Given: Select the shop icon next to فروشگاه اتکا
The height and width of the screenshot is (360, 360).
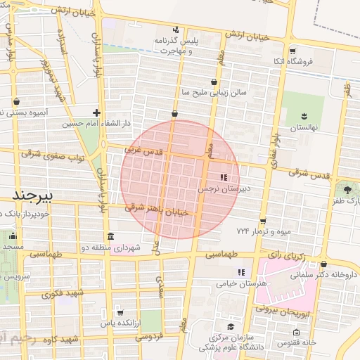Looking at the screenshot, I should tap(292, 51).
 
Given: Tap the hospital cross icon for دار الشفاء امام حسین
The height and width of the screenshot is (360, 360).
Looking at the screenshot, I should tap(96, 112).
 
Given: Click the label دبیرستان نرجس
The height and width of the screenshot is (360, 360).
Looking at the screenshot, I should tap(224, 189).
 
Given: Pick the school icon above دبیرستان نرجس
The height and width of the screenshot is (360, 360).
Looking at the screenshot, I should tap(224, 178).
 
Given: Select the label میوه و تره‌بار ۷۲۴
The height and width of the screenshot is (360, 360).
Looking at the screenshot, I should tap(264, 231).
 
